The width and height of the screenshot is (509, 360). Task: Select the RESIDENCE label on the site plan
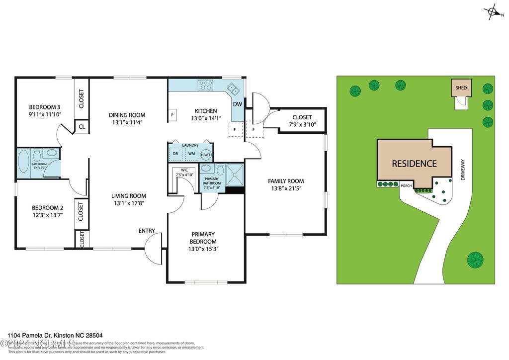pyautogui.click(x=414, y=164)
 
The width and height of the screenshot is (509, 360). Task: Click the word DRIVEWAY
pyautogui.click(x=462, y=170)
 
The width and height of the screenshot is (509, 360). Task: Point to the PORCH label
pyautogui.click(x=406, y=186)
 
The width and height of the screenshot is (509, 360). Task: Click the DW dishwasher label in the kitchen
pyautogui.click(x=238, y=104)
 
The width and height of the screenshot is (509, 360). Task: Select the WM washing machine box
pyautogui.click(x=191, y=154)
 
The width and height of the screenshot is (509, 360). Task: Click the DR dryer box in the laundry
pyautogui.click(x=175, y=154)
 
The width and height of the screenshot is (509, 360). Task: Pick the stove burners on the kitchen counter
pyautogui.click(x=205, y=86)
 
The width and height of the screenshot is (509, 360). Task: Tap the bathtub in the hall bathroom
pyautogui.click(x=23, y=162)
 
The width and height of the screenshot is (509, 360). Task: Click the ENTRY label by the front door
pyautogui.click(x=147, y=231)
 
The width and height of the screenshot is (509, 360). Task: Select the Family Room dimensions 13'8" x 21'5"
pyautogui.click(x=286, y=188)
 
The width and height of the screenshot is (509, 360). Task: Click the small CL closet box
pyautogui.click(x=81, y=126)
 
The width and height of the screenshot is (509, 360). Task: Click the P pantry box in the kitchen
pyautogui.click(x=172, y=114)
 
